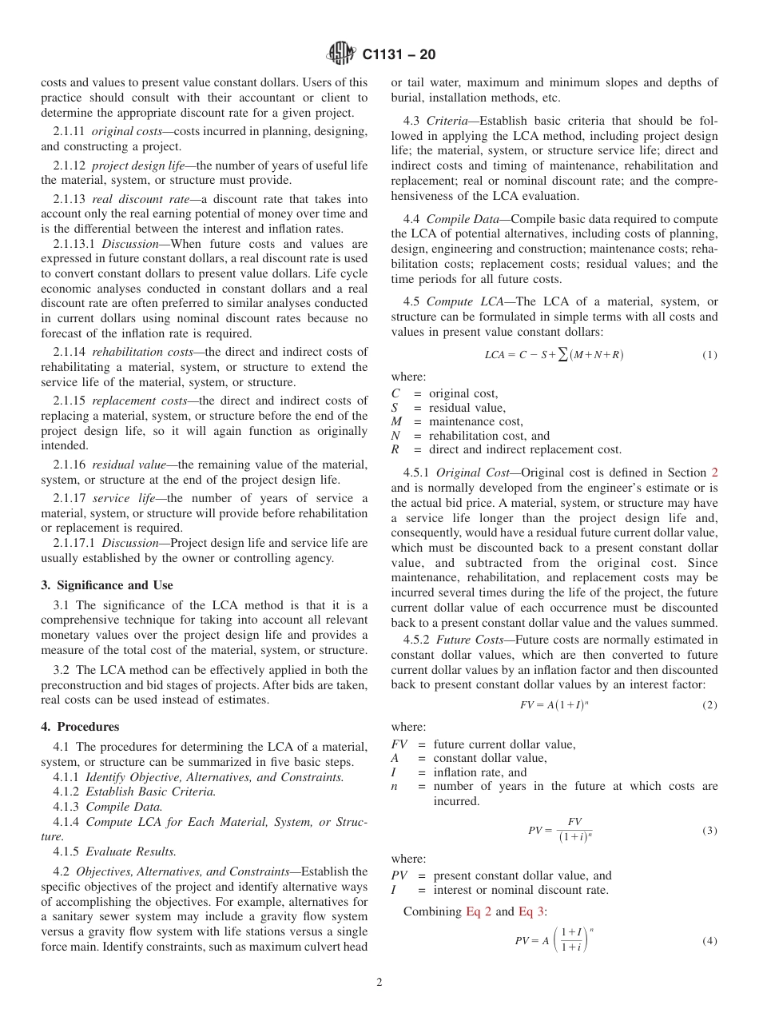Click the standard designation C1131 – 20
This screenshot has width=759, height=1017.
coord(399,55)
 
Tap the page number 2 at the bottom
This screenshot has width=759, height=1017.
coord(379,983)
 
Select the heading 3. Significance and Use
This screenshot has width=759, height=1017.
coord(107,585)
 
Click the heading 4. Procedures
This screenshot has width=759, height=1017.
coord(80,727)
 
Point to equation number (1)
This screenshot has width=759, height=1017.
coord(709,355)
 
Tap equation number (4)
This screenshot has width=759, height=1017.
coord(709,941)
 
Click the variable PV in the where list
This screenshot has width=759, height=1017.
coord(400,875)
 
